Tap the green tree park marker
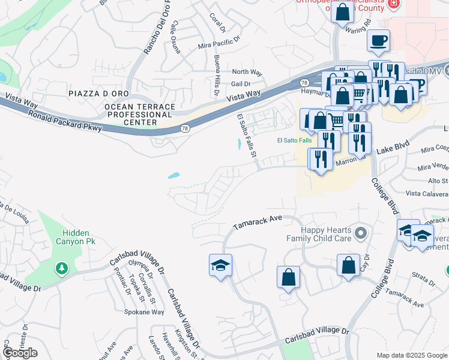click(61, 268)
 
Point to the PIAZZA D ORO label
click(98, 94)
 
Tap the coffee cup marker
click(379, 41)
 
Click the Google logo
click(20, 353)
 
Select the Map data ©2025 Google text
click(411, 355)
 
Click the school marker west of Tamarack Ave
click(220, 265)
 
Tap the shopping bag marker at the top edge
click(342, 12)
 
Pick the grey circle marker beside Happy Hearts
click(360, 232)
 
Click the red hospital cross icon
click(394, 4)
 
